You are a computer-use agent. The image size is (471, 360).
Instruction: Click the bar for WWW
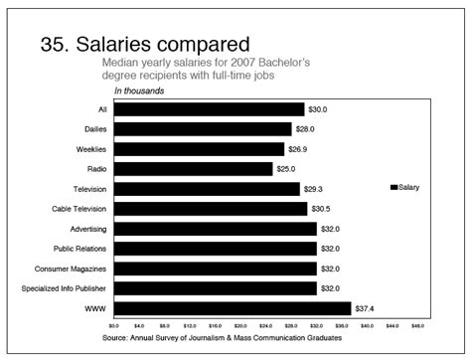pyautogui.click(x=233, y=308)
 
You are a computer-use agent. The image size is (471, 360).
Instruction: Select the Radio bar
pyautogui.click(x=193, y=169)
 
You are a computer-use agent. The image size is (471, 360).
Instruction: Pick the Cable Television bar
pyautogui.click(x=210, y=209)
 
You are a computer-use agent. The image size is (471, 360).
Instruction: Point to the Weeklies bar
pyautogui.click(x=199, y=149)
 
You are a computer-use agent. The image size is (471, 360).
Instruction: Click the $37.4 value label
pyautogui.click(x=365, y=308)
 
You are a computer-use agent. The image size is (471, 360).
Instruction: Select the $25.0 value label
pyautogui.click(x=286, y=169)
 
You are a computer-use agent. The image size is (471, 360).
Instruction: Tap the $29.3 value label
pyautogui.click(x=313, y=189)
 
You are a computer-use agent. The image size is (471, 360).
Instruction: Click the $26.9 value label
pyautogui.click(x=298, y=149)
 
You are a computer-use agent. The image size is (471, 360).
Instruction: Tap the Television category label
pyautogui.click(x=89, y=189)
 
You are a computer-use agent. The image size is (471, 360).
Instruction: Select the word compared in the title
pyautogui.click(x=199, y=46)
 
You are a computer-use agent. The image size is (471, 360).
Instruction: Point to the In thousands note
pyautogui.click(x=138, y=91)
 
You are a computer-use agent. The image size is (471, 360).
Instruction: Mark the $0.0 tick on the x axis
pyautogui.click(x=113, y=325)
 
